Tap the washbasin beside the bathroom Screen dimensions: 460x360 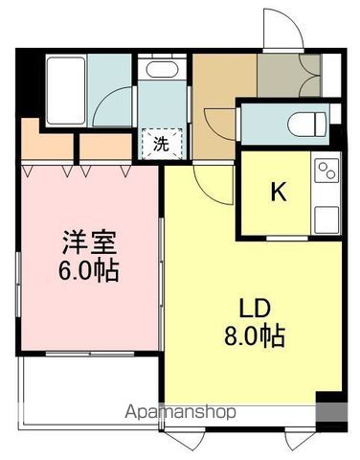tap(158, 71)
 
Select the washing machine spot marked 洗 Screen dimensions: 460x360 tap(159, 144)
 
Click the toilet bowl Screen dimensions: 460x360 tap(301, 124)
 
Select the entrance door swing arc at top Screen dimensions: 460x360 tap(284, 29)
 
